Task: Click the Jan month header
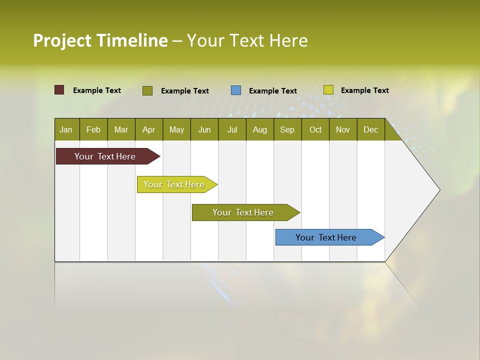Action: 66,130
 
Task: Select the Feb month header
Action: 93,130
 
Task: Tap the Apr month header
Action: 148,130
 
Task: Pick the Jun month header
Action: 204,130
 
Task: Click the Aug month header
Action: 260,130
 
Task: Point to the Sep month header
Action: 287,130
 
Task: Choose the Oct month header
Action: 315,130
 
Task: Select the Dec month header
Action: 370,130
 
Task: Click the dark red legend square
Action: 59,90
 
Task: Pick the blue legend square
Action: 236,90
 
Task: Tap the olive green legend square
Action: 147,90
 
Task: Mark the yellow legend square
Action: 328,90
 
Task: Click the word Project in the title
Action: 63,40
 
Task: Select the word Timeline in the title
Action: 132,40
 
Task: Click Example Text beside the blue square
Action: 273,91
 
